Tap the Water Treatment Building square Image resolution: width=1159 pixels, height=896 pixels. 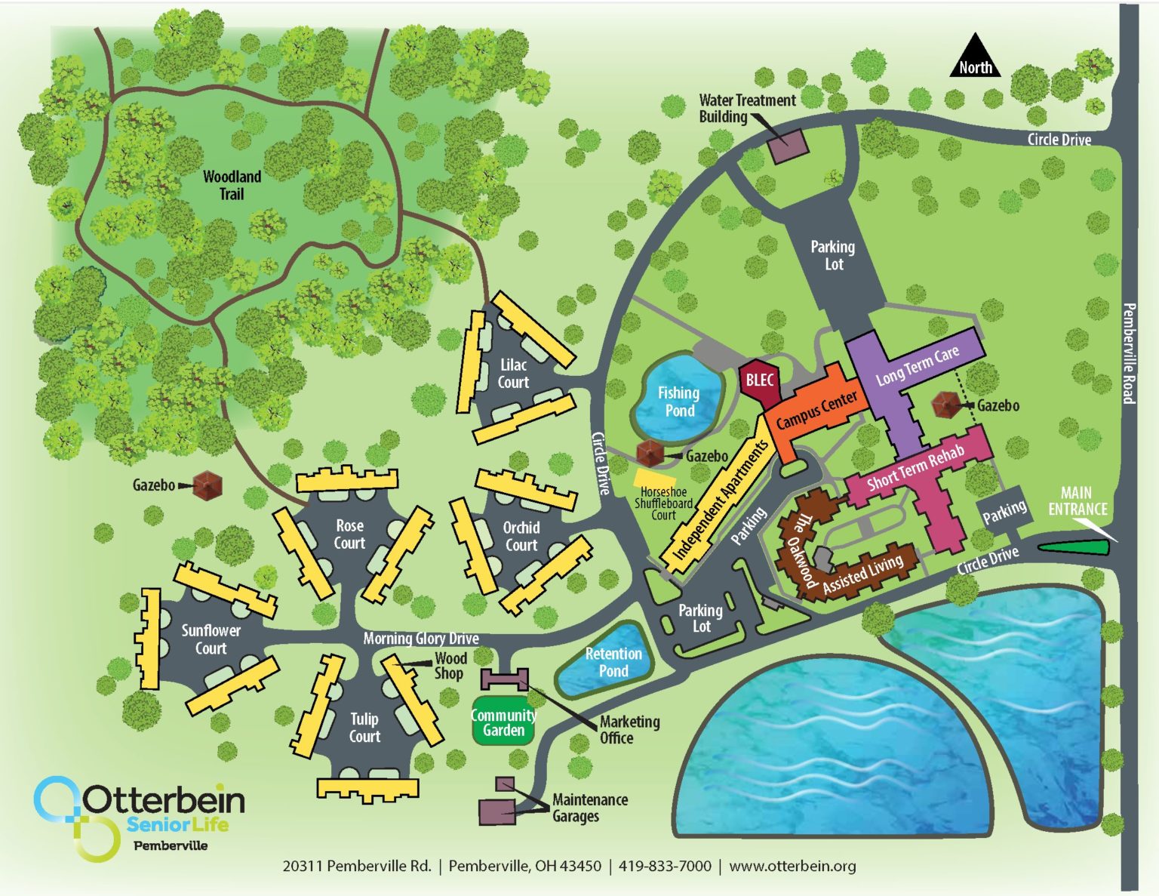click(788, 145)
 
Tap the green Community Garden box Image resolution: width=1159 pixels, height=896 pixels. click(503, 723)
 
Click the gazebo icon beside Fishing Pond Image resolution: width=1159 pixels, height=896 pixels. click(649, 453)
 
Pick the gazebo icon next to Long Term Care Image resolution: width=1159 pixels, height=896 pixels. click(945, 405)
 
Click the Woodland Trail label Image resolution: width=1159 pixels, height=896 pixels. click(232, 185)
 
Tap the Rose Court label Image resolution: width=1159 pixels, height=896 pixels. click(349, 534)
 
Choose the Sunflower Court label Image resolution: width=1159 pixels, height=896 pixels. click(211, 639)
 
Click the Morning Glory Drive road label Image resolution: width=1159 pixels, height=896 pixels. click(420, 639)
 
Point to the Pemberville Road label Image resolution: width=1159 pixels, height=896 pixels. click(1129, 353)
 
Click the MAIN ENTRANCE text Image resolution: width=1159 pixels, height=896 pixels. click(1077, 501)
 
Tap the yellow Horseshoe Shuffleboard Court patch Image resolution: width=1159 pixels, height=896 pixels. click(655, 478)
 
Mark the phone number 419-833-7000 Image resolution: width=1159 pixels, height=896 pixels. click(664, 866)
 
